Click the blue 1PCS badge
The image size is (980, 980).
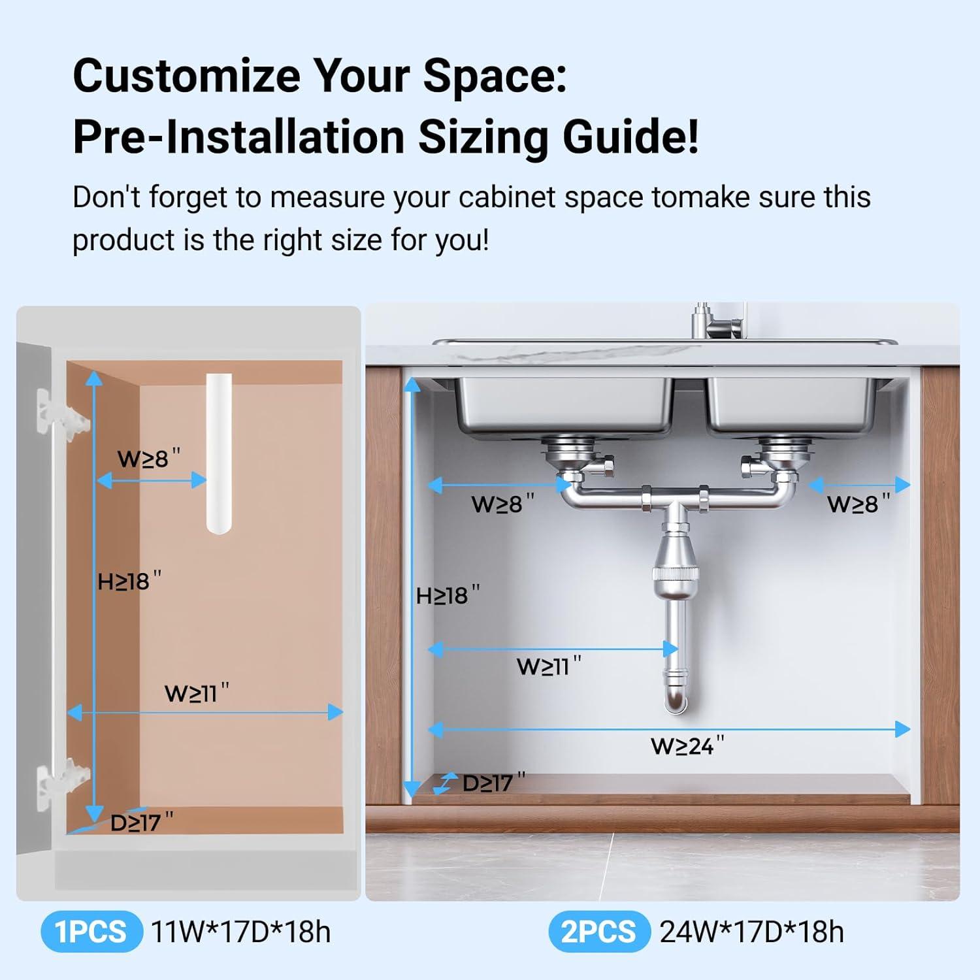tap(91, 932)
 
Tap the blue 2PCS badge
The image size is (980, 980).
tap(598, 932)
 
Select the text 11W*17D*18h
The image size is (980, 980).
tap(240, 932)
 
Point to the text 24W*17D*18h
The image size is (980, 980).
tap(751, 932)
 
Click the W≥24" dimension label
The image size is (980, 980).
tap(687, 745)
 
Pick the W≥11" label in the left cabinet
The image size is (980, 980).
tap(197, 693)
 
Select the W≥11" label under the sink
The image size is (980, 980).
tap(548, 666)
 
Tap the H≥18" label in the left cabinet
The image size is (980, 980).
tap(129, 581)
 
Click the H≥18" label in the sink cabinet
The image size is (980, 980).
tap(448, 595)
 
